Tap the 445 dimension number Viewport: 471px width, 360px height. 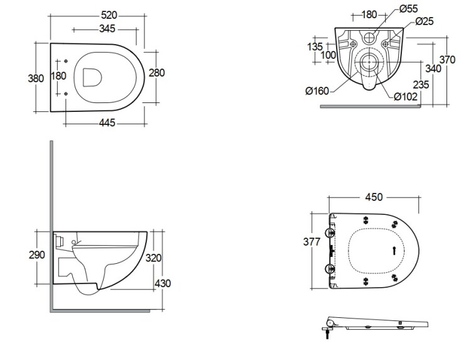[107, 123]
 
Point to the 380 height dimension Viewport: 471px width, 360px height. [36, 79]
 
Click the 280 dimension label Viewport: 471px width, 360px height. [156, 73]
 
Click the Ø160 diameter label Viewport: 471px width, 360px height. [318, 92]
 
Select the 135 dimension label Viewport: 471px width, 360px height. [316, 46]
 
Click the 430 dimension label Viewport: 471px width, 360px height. [163, 283]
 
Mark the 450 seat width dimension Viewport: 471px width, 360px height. [374, 197]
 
